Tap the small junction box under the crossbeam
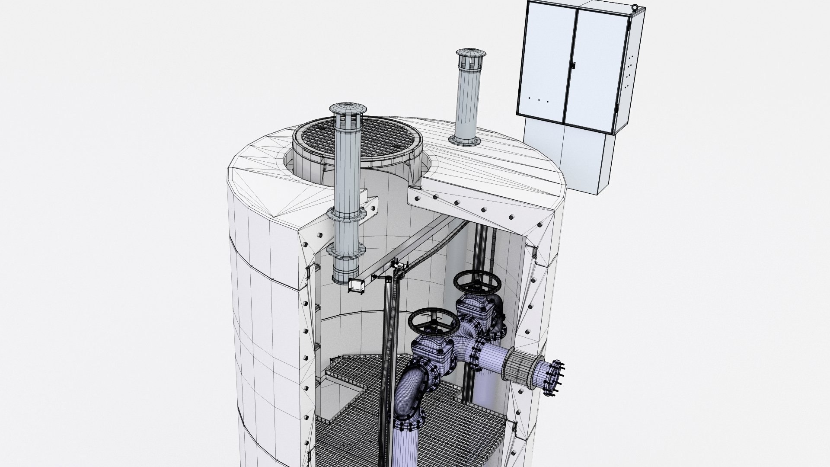pos(355,285)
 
